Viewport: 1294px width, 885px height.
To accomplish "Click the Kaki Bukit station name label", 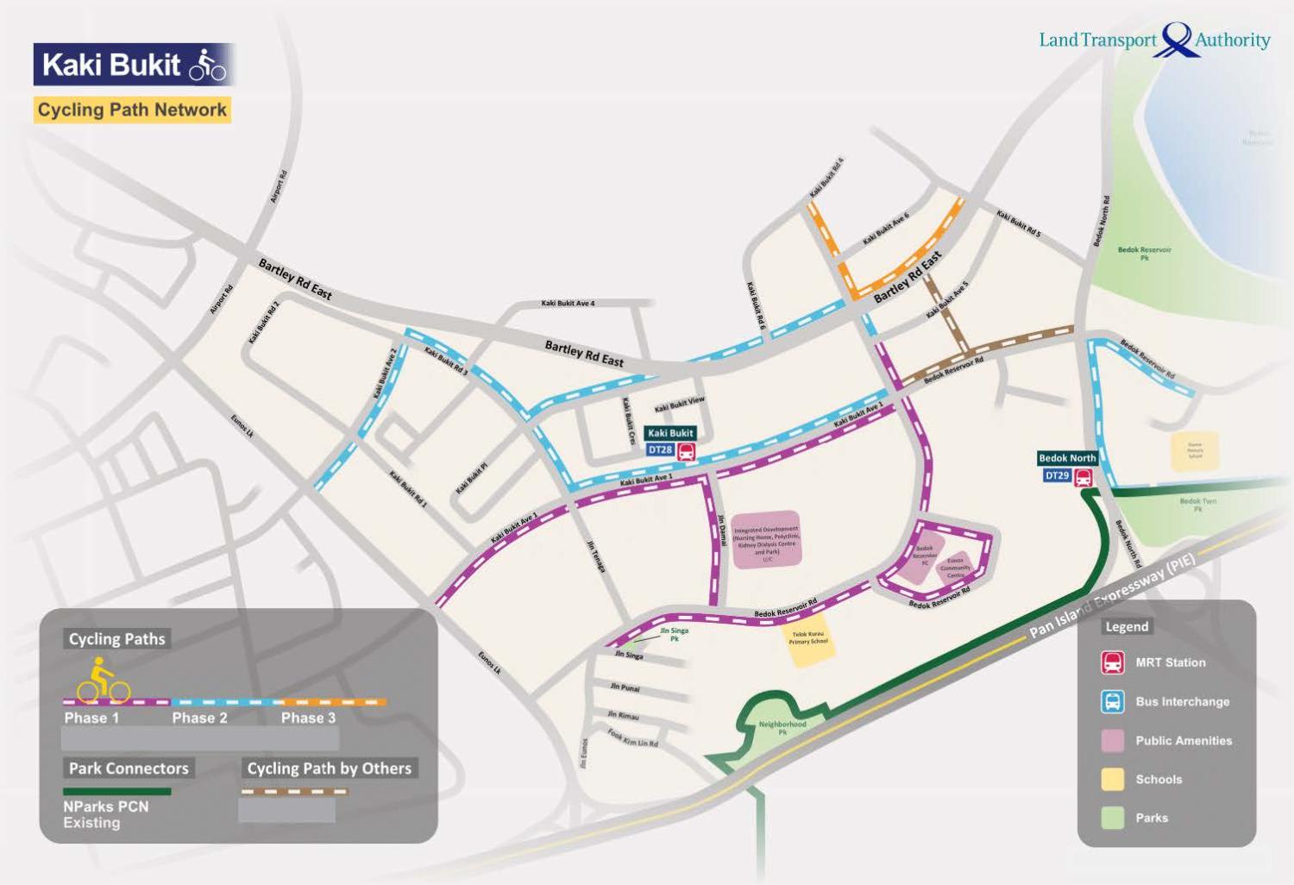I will click(x=670, y=433).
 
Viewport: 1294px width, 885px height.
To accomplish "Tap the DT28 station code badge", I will click(x=660, y=450).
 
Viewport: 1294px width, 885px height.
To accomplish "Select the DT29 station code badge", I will click(x=1057, y=475).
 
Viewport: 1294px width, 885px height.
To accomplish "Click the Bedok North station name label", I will click(x=1067, y=458).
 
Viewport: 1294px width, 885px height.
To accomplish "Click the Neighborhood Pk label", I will click(x=782, y=728).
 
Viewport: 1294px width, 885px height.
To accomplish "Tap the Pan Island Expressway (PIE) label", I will click(x=1113, y=596).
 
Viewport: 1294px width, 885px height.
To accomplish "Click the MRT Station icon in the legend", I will click(x=1113, y=662).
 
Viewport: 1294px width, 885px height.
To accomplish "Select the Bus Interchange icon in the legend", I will click(x=1113, y=701).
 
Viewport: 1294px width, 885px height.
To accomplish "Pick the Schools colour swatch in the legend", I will click(x=1113, y=779).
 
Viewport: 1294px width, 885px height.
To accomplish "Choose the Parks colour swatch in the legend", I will click(x=1113, y=818).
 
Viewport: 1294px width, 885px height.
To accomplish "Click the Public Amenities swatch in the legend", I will click(x=1113, y=740).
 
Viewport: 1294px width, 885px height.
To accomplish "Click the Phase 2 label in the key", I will click(x=199, y=718).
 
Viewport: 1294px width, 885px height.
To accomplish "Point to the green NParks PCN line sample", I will click(x=116, y=791).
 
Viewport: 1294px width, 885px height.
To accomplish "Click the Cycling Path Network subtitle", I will click(x=132, y=110).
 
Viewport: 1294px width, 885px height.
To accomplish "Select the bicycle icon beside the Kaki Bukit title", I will click(x=208, y=65).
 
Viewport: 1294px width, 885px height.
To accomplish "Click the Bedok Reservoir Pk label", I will click(x=1144, y=253).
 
